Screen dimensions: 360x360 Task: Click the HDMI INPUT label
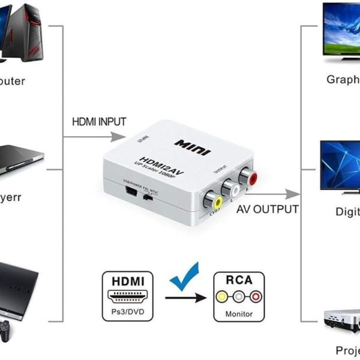click(x=100, y=121)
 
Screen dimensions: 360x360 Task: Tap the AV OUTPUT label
click(x=268, y=209)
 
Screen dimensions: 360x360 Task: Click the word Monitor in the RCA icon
click(x=239, y=314)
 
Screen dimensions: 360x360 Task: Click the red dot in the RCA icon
click(x=256, y=296)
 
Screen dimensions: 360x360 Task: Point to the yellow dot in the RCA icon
click(x=223, y=296)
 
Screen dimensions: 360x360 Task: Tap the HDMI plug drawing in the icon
click(x=128, y=296)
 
